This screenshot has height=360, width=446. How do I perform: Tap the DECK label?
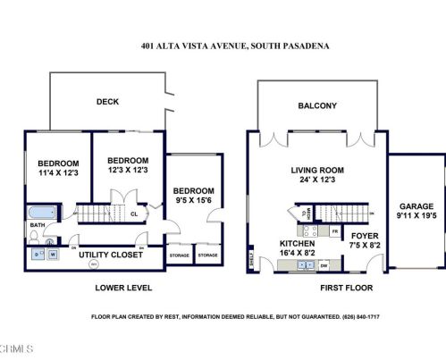pyautogui.click(x=107, y=102)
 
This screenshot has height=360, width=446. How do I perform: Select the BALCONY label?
pyautogui.click(x=317, y=106)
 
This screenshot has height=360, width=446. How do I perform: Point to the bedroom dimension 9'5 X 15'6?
pyautogui.click(x=194, y=201)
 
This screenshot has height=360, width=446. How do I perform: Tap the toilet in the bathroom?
pyautogui.click(x=35, y=237)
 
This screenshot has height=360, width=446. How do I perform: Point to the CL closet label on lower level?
pyautogui.click(x=133, y=214)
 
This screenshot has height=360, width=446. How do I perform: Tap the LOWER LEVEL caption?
pyautogui.click(x=123, y=288)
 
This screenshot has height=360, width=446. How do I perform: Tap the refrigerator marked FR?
pyautogui.click(x=334, y=231)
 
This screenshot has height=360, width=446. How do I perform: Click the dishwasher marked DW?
pyautogui.click(x=324, y=265)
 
